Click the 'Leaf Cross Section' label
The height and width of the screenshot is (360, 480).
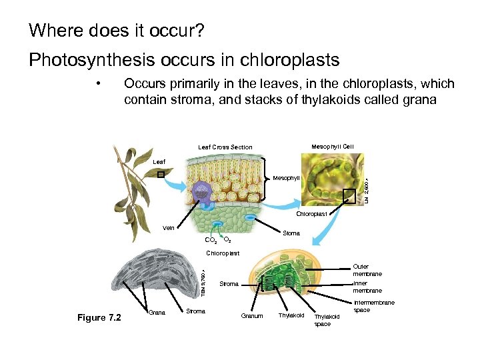pyautogui.click(x=225, y=147)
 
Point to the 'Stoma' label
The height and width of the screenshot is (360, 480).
pyautogui.click(x=291, y=233)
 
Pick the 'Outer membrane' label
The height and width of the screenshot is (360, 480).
pyautogui.click(x=367, y=270)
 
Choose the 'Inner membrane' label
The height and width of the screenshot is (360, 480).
pyautogui.click(x=367, y=287)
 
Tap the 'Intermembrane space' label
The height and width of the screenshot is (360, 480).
pyautogui.click(x=373, y=306)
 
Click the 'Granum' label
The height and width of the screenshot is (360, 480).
pyautogui.click(x=252, y=315)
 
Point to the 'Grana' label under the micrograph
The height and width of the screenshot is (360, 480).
pyautogui.click(x=157, y=311)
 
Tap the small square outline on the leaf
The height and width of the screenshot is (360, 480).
pyautogui.click(x=161, y=174)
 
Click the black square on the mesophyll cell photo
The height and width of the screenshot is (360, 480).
pyautogui.click(x=349, y=195)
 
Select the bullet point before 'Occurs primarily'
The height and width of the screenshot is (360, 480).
pyautogui.click(x=98, y=84)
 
